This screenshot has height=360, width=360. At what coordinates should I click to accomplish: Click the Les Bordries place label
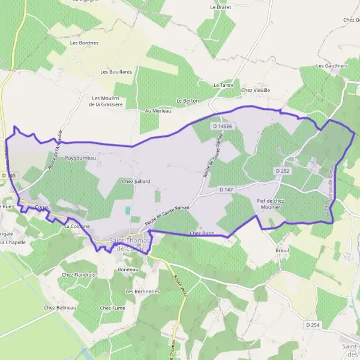pos(84,43)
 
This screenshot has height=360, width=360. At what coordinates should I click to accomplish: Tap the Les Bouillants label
pos(116,71)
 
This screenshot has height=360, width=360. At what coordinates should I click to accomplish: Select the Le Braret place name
pos(221,7)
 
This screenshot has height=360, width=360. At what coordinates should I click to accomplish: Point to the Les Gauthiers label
pos(332,65)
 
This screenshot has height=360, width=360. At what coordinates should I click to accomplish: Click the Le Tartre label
pos(224,85)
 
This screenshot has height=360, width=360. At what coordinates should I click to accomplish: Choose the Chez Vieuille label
pos(256,90)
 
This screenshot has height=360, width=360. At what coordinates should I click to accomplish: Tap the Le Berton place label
pos(187,101)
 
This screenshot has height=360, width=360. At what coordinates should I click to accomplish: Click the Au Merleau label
pos(158,111)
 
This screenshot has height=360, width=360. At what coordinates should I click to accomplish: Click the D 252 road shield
pos(283,171)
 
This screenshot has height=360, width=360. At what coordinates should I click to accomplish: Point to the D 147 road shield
pos(226,190)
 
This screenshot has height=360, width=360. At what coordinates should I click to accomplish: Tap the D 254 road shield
pos(311,325)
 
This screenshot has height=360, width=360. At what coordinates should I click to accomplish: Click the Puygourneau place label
pos(80,158)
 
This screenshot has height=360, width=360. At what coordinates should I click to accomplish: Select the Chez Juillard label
pos(136,181)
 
